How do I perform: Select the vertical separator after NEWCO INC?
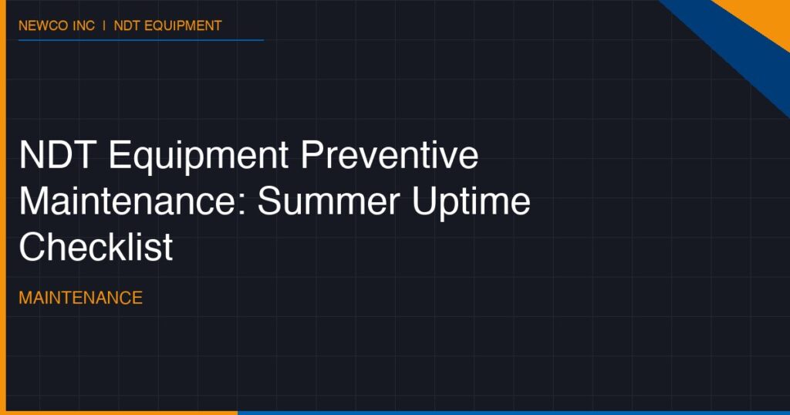tap(104, 25)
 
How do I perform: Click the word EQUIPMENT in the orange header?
tap(183, 25)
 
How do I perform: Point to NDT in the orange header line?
tap(127, 25)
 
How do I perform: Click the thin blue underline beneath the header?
tap(141, 40)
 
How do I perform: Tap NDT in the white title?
tap(58, 154)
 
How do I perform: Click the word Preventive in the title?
tap(390, 154)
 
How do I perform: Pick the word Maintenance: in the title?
tap(133, 201)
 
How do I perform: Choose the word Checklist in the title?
tap(96, 247)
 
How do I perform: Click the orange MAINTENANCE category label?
tap(80, 298)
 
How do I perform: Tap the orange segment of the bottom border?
tap(119, 413)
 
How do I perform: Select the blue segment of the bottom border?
tap(514, 413)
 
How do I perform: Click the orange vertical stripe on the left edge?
tap(2, 207)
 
